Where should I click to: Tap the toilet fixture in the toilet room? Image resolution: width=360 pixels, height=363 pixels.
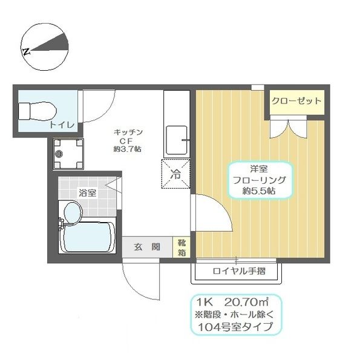[x=37, y=111]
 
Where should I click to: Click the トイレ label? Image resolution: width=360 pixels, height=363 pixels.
[x=62, y=125]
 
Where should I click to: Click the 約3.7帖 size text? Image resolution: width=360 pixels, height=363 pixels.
[x=128, y=149]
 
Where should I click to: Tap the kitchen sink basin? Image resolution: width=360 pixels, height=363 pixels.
[x=177, y=140]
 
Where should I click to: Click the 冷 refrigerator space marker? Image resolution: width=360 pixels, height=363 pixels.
[x=176, y=175]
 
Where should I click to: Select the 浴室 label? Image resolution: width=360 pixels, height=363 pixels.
[x=87, y=193]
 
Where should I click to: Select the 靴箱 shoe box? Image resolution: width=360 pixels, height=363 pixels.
[x=182, y=248]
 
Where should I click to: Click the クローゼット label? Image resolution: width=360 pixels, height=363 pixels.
[x=295, y=101]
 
